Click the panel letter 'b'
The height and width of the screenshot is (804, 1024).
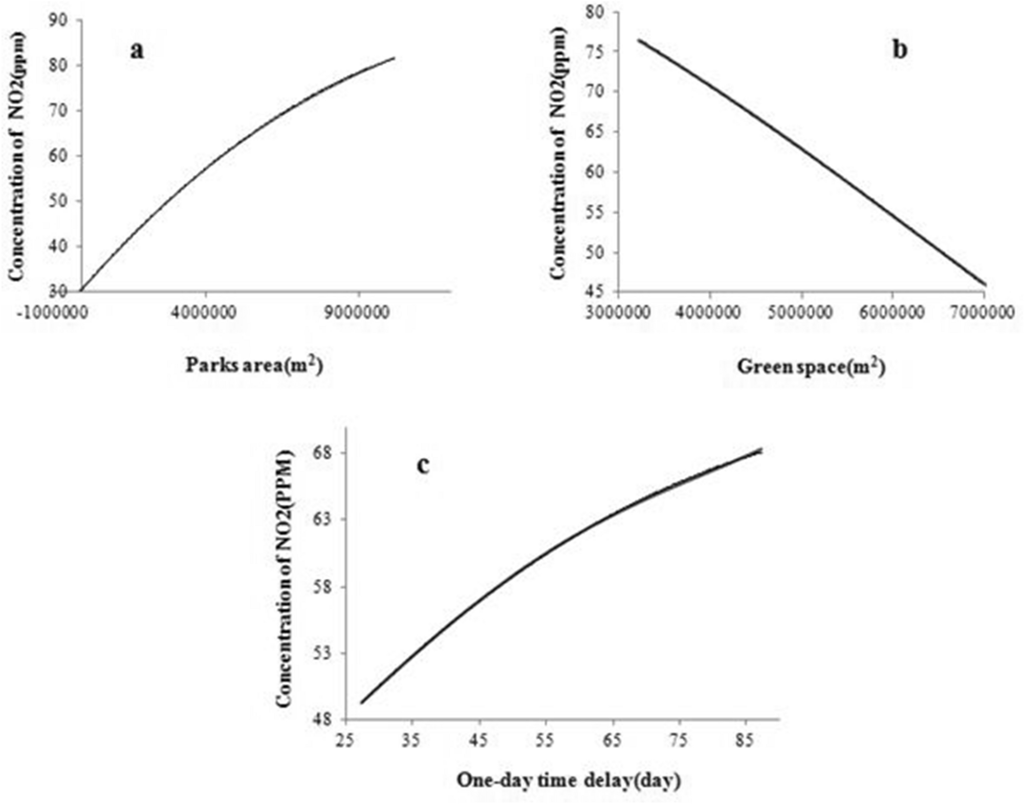899,50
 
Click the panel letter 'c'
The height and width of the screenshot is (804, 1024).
423,466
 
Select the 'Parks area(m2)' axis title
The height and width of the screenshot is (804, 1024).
254,366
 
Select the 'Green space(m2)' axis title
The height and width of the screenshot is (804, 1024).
811,367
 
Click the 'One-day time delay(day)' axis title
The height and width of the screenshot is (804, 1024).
569,780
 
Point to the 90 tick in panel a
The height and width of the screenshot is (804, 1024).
58,20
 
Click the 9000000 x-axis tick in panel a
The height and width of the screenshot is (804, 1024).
358,312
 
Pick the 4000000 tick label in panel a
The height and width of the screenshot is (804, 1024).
205,312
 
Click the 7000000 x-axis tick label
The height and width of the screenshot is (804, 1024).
983,312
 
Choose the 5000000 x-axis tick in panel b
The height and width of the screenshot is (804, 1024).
800,312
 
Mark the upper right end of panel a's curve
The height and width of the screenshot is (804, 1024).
394,58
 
